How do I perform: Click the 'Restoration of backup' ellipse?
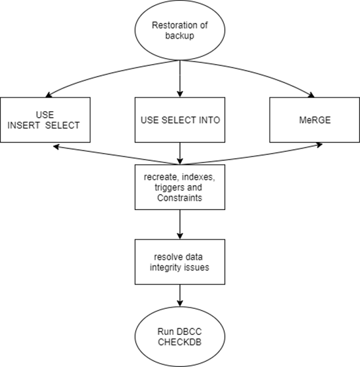click(x=180, y=30)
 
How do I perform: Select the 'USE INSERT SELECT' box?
click(x=45, y=120)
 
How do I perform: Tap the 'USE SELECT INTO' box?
click(x=180, y=120)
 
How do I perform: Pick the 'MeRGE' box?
click(x=315, y=120)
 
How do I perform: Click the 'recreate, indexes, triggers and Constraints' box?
click(x=180, y=187)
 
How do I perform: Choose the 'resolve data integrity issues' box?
click(x=180, y=262)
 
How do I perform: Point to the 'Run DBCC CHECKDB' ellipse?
click(x=180, y=337)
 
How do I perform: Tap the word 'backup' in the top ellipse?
click(x=179, y=36)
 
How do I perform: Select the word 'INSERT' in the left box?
click(x=24, y=125)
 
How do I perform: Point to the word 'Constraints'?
click(x=179, y=198)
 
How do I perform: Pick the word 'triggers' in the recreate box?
click(x=166, y=188)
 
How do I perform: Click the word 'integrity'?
click(x=166, y=268)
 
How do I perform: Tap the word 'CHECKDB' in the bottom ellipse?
click(x=179, y=342)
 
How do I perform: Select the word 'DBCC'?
click(x=189, y=332)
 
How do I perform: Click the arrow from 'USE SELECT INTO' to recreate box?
click(x=180, y=154)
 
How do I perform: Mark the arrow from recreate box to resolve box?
click(x=180, y=224)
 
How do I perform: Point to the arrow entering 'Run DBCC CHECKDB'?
click(x=180, y=296)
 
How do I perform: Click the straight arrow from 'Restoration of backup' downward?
click(x=180, y=79)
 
